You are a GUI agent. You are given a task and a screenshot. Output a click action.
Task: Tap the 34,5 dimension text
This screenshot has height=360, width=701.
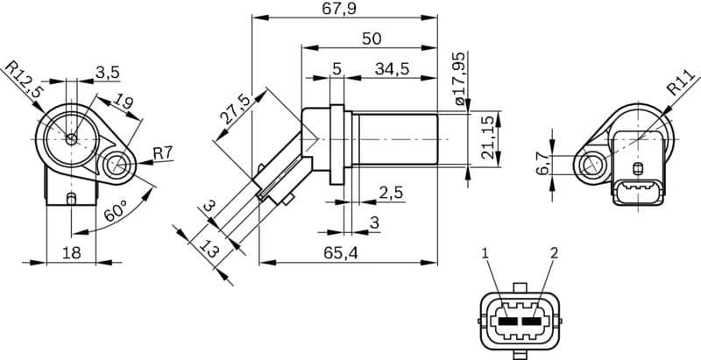coord(392,68)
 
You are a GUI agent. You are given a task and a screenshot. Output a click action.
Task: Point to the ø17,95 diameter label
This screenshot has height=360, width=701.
coord(462,80)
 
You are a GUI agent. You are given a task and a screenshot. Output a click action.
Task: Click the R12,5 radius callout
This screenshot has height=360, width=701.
coord(25,80)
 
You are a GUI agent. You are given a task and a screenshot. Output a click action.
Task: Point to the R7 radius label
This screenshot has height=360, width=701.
coord(163,154)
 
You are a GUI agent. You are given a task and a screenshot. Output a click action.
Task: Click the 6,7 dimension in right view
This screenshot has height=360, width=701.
coord(542,164)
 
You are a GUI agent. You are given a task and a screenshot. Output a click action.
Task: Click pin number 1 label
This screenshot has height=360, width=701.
coord(484,253)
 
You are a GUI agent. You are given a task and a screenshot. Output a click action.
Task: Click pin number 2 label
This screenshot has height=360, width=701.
coord(554,253)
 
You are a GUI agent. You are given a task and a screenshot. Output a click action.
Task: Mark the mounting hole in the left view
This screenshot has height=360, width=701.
coord(115,164)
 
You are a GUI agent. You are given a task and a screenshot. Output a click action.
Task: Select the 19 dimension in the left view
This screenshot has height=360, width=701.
coord(124,103)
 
